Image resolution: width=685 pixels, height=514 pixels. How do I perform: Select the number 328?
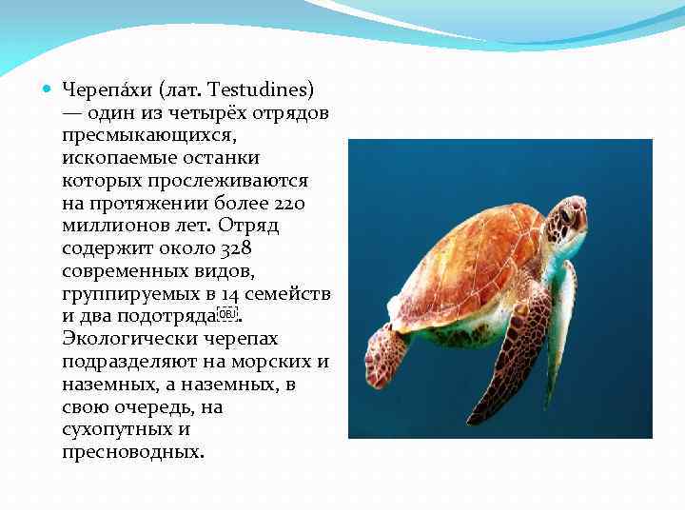click(x=237, y=248)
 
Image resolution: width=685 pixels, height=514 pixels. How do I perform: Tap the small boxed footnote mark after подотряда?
click(x=225, y=314)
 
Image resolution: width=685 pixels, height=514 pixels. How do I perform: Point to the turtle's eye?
click(x=567, y=212)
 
